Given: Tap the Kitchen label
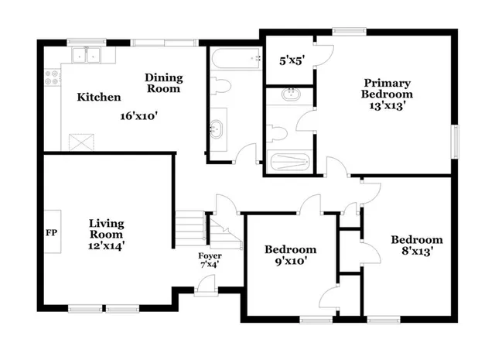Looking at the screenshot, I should coord(98,98).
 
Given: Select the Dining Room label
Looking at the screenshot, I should coord(163,83).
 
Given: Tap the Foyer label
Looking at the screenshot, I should coord(210,255).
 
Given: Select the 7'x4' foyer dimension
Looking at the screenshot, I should coord(210,266).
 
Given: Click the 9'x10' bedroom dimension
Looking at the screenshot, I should coord(290,261).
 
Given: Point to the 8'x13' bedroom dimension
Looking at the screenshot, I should coord(416,251).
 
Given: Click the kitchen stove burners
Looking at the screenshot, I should coord(53,77).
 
